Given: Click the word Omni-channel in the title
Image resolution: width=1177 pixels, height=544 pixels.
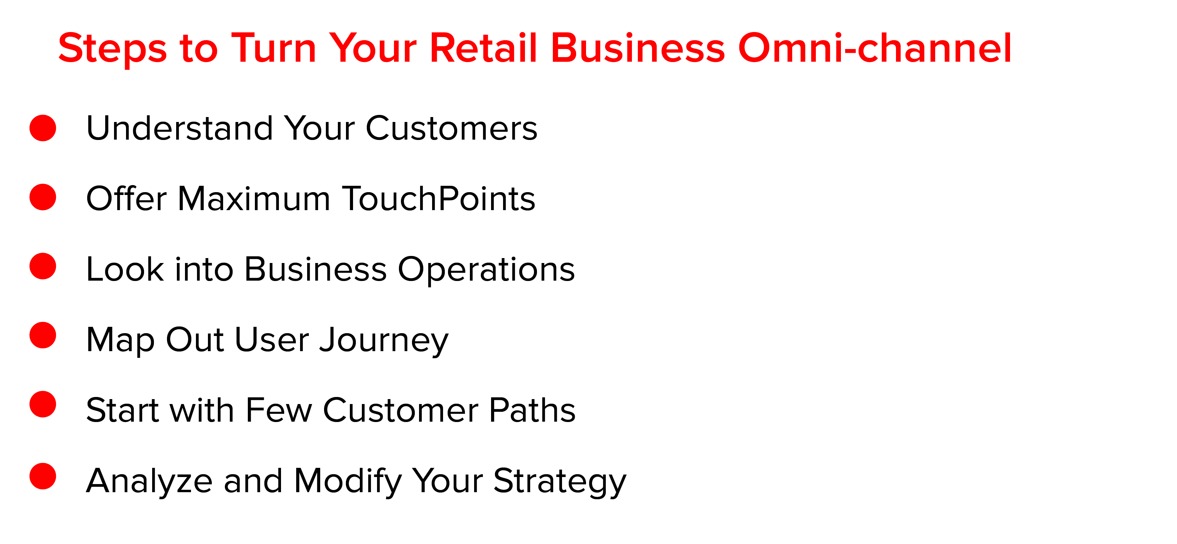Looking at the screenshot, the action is (x=874, y=48).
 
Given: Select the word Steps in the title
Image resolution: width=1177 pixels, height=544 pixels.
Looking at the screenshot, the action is (x=113, y=49).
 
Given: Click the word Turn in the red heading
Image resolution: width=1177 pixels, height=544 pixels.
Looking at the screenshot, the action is (x=274, y=48).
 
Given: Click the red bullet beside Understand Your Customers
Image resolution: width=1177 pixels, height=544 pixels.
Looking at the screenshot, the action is (x=42, y=128).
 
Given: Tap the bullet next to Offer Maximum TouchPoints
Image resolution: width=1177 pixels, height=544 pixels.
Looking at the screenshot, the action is (x=42, y=197).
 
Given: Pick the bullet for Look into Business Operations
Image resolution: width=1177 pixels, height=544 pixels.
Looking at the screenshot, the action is (x=42, y=266).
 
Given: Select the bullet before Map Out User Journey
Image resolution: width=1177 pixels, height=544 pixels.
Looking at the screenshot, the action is (x=42, y=335).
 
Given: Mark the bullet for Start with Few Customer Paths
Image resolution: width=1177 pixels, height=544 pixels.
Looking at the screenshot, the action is (x=42, y=404).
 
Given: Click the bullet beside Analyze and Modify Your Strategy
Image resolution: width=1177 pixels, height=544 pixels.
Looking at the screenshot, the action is (x=42, y=476).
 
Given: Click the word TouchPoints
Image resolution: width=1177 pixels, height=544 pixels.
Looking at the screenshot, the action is (x=438, y=198).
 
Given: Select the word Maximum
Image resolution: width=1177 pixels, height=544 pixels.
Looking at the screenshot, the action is (x=254, y=198).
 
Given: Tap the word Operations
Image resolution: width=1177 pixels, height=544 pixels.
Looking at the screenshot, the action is (x=486, y=270).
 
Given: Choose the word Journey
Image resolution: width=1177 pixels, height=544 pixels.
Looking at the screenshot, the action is (x=384, y=341).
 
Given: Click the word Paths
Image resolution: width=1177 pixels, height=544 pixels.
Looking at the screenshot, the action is (x=532, y=410).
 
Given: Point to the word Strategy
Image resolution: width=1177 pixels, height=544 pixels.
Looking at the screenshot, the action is (x=560, y=482).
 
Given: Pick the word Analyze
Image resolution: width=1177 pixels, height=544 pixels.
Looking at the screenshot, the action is (x=149, y=482).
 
